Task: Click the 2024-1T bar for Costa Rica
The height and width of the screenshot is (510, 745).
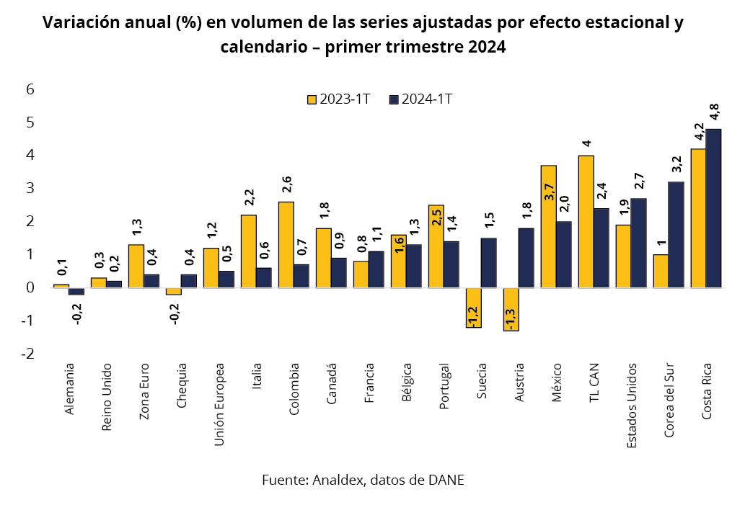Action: [713, 208]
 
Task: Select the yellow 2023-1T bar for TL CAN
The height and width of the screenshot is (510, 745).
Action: [586, 221]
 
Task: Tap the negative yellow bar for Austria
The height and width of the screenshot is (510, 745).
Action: [511, 309]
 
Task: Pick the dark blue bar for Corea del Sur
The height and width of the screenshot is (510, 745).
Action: [676, 235]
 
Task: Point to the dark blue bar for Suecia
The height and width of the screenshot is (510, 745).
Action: [488, 263]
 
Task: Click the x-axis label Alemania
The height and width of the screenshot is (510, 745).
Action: [69, 388]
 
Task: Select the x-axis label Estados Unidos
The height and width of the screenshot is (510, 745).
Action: [632, 406]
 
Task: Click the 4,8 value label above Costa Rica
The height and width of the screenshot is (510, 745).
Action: [714, 114]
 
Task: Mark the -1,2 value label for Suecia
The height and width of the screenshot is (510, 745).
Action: [474, 314]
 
